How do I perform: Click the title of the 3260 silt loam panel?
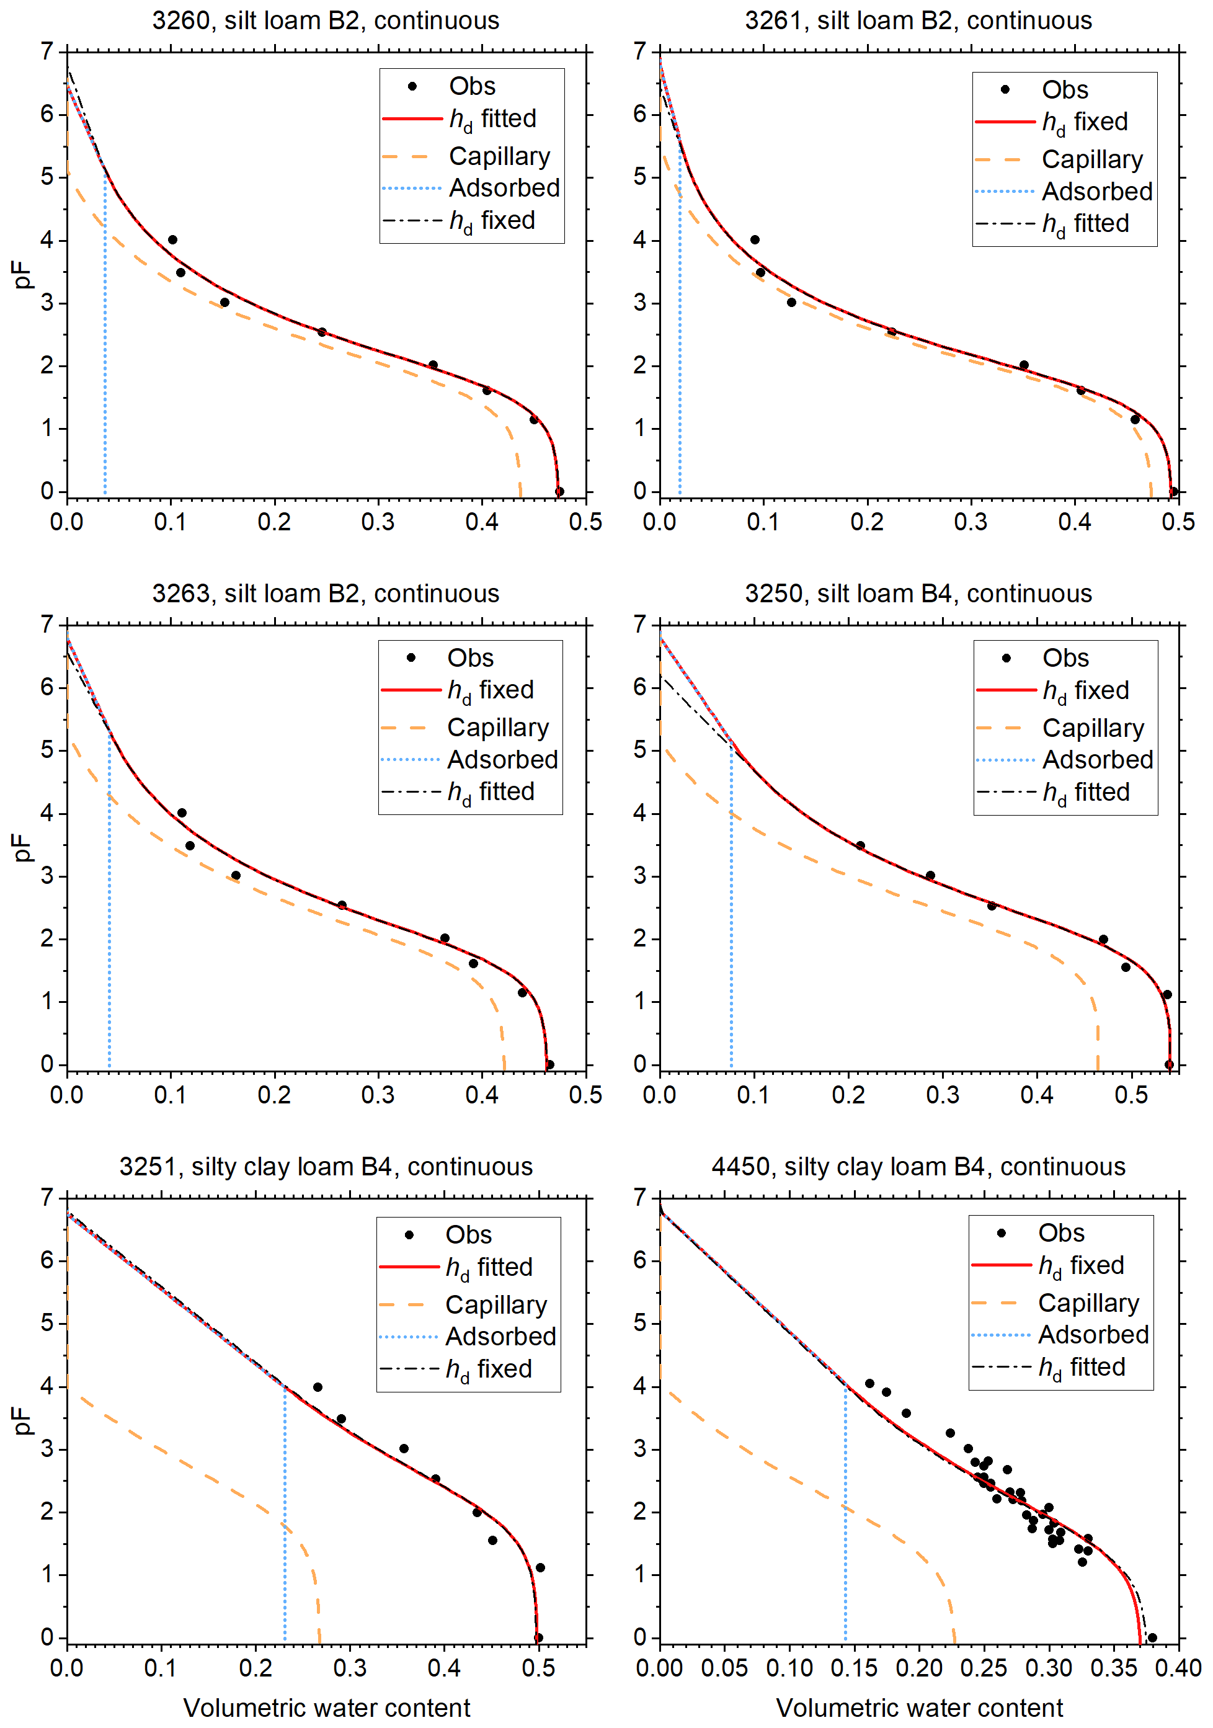[x=325, y=20]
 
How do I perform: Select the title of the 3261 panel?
[x=918, y=20]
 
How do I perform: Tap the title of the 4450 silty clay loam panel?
[x=918, y=1167]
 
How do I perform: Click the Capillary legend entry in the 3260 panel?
[x=499, y=156]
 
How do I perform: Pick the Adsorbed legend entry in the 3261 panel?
[x=1096, y=192]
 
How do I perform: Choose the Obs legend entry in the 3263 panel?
[x=470, y=658]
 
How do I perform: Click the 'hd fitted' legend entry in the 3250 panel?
[x=1086, y=793]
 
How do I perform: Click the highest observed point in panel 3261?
[x=755, y=240]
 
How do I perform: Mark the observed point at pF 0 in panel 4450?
[x=1152, y=1637]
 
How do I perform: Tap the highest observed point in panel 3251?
[x=318, y=1387]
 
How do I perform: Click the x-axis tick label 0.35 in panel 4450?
[x=1114, y=1668]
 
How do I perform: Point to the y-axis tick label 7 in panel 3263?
[x=47, y=625]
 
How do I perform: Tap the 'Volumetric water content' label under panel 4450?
[x=919, y=1708]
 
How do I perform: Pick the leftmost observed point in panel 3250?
[x=860, y=846]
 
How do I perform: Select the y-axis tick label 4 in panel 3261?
[x=639, y=241]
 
